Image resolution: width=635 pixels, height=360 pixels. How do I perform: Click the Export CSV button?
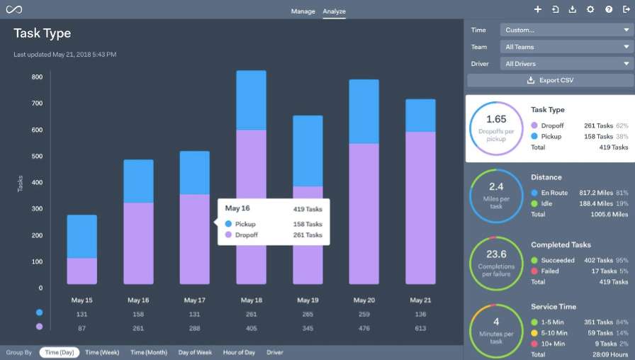point(549,80)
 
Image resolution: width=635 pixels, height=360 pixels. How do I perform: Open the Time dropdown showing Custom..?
point(566,30)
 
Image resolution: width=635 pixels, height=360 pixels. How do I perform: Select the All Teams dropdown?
point(566,47)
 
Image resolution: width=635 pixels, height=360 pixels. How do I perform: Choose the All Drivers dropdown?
point(566,64)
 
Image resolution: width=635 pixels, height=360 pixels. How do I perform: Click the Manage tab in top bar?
point(303,11)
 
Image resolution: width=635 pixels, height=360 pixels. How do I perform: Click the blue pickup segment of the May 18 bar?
point(251,100)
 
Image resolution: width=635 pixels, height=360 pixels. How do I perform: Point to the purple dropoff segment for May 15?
point(82,271)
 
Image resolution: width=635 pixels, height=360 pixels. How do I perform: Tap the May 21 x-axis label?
point(420,300)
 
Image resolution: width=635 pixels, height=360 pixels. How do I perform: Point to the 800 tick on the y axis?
point(37,77)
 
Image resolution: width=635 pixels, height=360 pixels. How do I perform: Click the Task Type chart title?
point(43,33)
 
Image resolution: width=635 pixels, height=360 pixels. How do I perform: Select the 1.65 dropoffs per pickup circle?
point(496,128)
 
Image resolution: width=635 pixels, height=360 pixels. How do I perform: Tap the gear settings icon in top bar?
point(590,10)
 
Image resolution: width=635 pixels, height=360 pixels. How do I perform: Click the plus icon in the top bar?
point(538,10)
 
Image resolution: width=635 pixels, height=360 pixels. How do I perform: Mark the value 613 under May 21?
point(420,328)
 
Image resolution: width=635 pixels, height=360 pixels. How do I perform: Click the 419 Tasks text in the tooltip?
point(308,209)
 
